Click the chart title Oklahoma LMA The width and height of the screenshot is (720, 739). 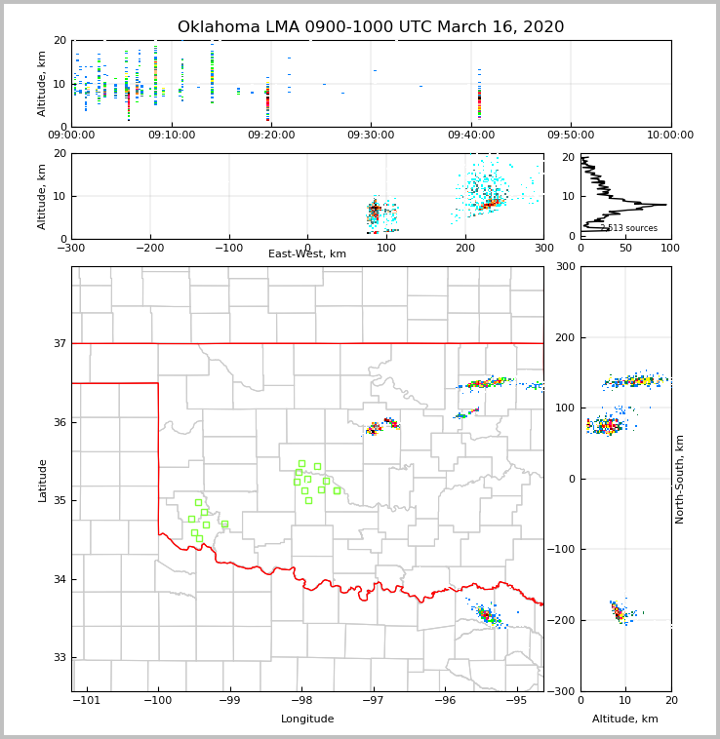coord(371,27)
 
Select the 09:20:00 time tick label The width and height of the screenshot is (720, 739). coord(271,135)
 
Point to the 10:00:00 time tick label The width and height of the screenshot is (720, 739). coord(670,135)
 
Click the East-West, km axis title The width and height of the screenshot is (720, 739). coord(307,254)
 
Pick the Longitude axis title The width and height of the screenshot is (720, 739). coord(307,720)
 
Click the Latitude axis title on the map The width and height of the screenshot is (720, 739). coord(43,480)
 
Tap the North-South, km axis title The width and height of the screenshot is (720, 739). coord(680,480)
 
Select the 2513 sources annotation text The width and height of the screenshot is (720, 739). coord(628,228)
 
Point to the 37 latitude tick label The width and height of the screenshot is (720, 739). coord(59,343)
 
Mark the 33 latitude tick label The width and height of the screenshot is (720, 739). coord(59,658)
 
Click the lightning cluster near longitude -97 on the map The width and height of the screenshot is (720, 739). coord(380,426)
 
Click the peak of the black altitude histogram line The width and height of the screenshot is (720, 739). coord(665,205)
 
